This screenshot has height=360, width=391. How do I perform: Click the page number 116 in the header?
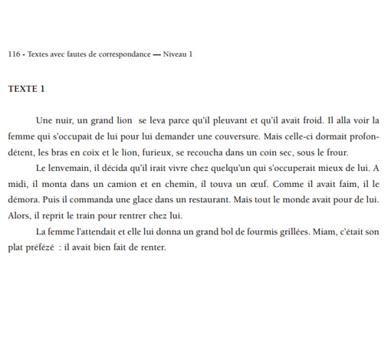click(x=14, y=54)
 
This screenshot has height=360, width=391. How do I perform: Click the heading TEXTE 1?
click(x=26, y=89)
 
